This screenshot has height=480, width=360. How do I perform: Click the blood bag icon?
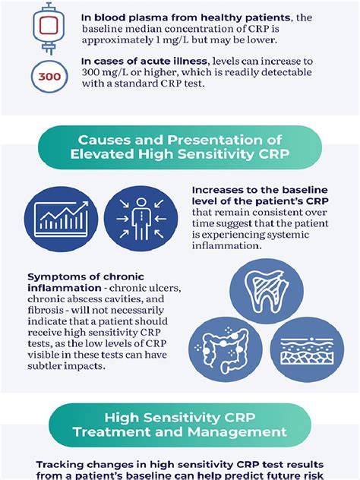(49, 28)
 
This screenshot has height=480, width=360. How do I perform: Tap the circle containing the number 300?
(49, 76)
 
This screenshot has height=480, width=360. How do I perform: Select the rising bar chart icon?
(62, 219)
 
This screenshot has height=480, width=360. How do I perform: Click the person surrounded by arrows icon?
(141, 219)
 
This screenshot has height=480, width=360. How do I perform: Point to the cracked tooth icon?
(267, 291)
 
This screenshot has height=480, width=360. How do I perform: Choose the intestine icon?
(226, 350)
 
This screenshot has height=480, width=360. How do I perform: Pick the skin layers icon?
(307, 350)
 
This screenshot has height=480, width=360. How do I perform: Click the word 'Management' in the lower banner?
(237, 432)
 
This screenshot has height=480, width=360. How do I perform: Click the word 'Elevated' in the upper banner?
(103, 153)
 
